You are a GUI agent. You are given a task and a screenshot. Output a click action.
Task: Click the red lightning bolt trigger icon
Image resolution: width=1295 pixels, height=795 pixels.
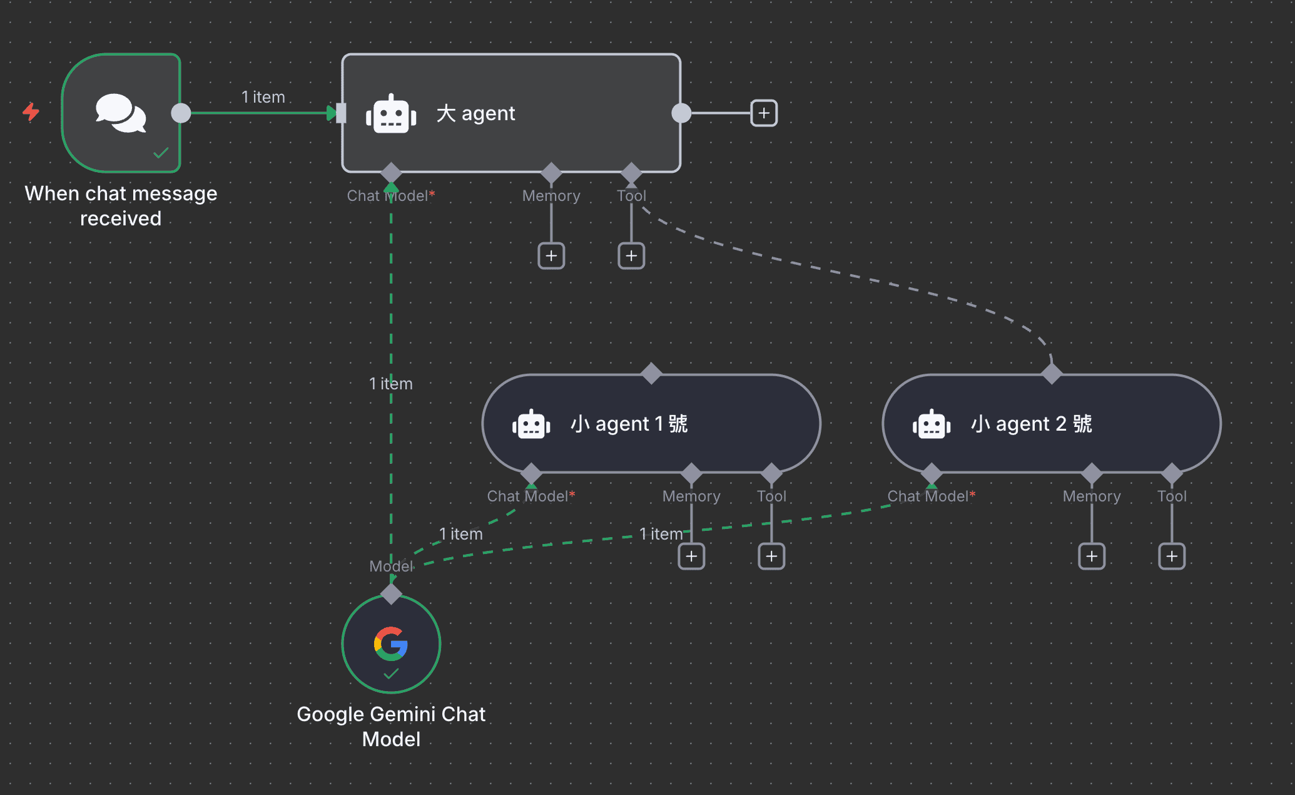point(31,112)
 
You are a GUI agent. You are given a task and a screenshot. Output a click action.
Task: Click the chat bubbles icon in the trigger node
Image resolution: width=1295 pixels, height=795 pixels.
point(121,113)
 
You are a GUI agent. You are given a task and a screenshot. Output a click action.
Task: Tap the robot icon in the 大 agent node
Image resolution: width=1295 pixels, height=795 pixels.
point(391,114)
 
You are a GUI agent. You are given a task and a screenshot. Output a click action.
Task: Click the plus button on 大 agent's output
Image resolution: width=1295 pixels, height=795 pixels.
point(764,113)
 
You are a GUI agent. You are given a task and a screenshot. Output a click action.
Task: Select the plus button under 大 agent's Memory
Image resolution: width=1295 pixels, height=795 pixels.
point(551,256)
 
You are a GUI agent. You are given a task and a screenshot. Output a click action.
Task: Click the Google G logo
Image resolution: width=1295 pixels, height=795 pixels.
point(391,644)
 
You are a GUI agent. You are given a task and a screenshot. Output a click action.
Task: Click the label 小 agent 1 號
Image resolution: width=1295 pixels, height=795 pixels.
point(629,424)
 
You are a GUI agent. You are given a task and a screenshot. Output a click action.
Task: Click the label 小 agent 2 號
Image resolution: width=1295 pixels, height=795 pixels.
point(1031,424)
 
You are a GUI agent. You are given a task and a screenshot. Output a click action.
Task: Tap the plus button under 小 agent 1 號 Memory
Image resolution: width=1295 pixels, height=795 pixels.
point(691,556)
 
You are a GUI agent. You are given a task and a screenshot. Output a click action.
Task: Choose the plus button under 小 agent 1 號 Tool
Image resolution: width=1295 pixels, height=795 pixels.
point(771,556)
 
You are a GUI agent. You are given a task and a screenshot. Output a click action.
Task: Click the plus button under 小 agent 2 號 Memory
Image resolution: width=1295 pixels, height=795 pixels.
point(1092,556)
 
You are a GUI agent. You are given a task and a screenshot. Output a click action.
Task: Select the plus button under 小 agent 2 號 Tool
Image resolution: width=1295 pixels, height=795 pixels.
point(1172,556)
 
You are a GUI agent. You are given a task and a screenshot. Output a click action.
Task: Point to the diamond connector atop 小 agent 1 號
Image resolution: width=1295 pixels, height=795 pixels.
point(651,374)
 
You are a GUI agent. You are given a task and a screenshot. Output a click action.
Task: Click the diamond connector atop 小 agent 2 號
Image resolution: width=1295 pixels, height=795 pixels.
point(1052,374)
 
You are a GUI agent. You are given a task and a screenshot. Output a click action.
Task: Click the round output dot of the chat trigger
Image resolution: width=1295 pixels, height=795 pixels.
point(181,113)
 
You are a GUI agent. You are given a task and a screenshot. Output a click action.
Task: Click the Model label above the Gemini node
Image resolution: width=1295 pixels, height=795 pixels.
point(391,567)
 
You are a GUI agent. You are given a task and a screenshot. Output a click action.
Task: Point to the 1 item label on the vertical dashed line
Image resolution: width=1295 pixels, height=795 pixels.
point(391,384)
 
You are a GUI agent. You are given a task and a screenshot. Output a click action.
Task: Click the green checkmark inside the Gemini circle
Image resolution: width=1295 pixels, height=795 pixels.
point(391,674)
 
